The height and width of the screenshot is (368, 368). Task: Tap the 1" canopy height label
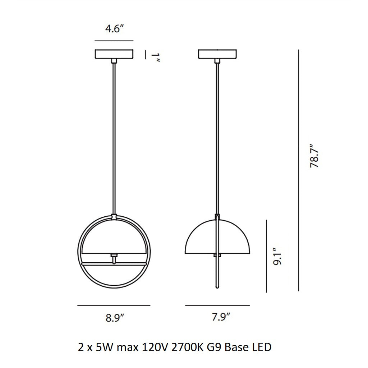tap(155, 58)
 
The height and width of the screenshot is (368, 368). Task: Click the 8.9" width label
tap(115, 318)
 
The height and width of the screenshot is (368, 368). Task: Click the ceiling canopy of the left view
tap(114, 54)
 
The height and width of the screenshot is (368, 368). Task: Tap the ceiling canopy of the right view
tap(218, 54)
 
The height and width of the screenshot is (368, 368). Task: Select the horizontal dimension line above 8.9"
tap(114, 305)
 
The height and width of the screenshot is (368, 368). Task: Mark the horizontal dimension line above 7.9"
tap(217, 305)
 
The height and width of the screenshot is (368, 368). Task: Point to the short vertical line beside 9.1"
tap(266, 256)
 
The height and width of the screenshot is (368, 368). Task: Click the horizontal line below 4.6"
tap(114, 41)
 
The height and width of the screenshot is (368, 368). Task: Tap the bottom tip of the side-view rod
tap(217, 287)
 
